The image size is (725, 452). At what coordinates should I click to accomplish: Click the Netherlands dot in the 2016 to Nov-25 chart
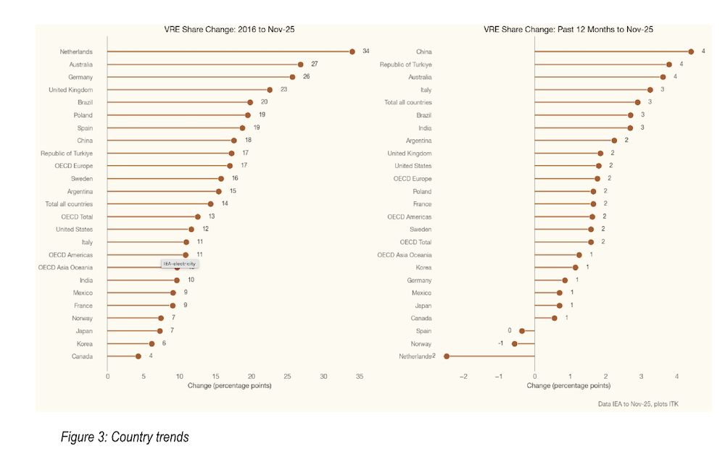coord(352,51)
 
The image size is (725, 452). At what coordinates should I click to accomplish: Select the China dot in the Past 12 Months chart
coord(691,51)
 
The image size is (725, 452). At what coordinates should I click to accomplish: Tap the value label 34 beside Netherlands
coord(366,51)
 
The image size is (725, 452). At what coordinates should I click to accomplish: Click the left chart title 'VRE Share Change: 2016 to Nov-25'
coord(230,30)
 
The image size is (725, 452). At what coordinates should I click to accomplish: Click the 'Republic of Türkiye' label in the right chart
coord(406,64)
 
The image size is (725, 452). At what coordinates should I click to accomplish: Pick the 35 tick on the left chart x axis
coord(357,376)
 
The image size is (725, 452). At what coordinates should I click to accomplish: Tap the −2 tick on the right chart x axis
coord(463,376)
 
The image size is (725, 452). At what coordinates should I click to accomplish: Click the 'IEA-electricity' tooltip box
coord(179,264)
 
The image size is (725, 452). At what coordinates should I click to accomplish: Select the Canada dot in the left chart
coord(138,356)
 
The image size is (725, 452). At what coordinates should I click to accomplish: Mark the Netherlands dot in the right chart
coord(447,356)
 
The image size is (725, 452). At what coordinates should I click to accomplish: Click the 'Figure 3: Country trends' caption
coord(125,437)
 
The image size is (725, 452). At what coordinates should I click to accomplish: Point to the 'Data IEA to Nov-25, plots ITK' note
coord(638,403)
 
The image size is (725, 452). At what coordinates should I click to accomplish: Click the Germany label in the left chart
coord(80,77)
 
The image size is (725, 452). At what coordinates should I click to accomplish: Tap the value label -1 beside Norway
coord(500,343)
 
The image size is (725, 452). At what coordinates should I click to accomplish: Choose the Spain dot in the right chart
coord(522,331)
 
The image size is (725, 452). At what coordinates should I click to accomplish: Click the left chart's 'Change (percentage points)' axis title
coord(229,385)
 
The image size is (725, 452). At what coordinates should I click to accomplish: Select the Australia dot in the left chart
coord(300,64)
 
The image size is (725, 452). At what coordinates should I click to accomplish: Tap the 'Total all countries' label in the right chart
coord(407,102)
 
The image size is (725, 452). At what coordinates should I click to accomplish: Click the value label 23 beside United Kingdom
coord(283,90)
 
